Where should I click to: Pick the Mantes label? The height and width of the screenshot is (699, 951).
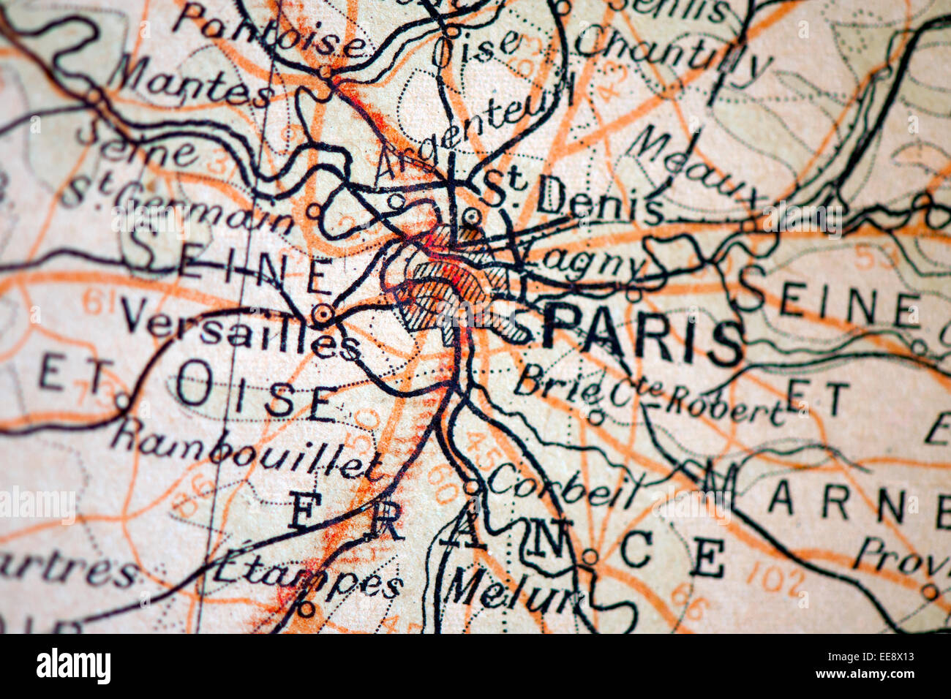pos(195,84)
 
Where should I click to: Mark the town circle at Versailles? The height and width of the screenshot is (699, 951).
pos(323,314)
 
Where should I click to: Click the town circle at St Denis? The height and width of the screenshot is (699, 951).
pos(472,216)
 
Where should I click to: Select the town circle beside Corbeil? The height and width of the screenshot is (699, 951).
pos(472,486)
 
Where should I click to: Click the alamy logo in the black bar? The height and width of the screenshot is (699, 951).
pos(73,667)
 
